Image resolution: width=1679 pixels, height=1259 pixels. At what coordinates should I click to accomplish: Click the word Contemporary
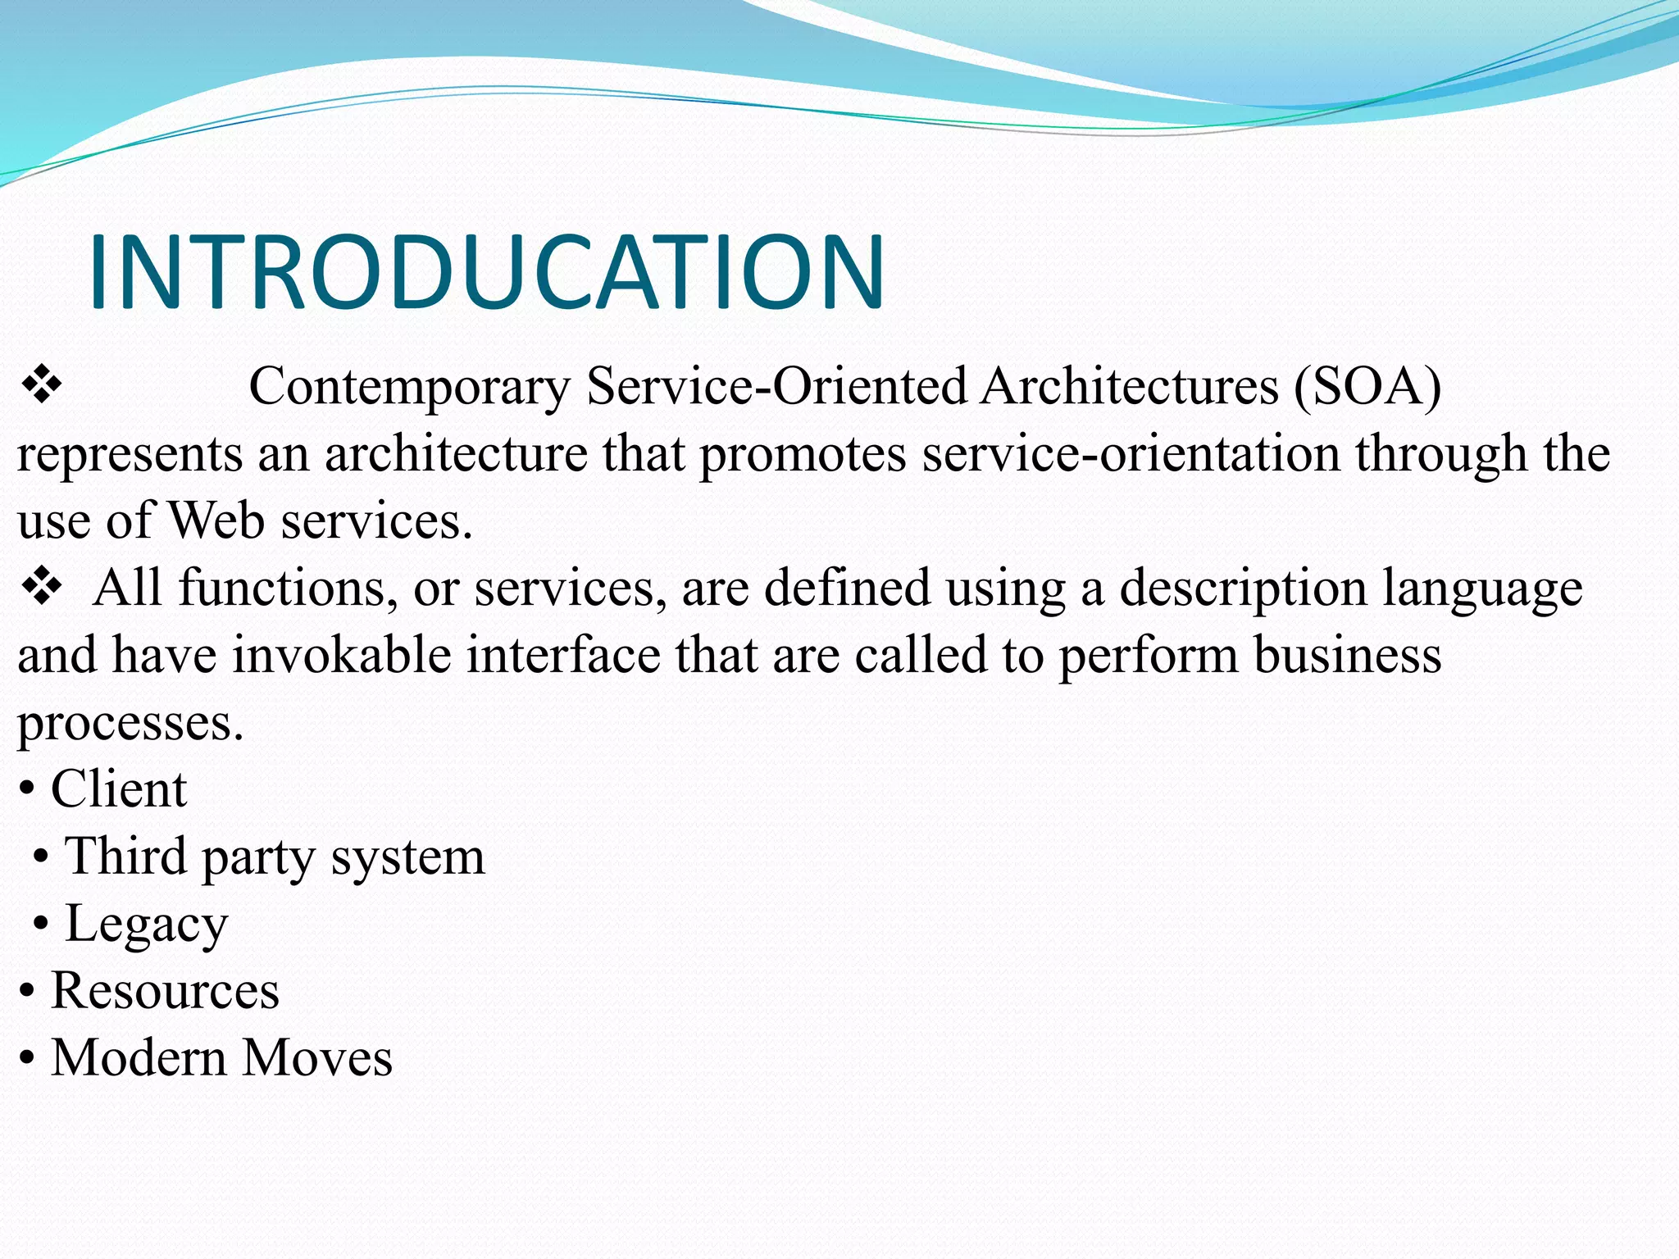pos(409,386)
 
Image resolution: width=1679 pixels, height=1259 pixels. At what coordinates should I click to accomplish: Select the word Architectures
pos(1129,386)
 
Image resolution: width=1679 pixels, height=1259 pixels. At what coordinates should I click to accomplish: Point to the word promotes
pos(803,454)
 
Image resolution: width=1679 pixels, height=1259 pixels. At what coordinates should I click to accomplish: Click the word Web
pos(216,521)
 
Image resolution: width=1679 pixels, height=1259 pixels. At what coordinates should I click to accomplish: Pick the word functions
pos(287,589)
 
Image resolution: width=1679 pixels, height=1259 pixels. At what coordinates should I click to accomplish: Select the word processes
pos(130,723)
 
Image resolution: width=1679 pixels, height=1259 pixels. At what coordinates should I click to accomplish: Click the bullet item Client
pos(119,789)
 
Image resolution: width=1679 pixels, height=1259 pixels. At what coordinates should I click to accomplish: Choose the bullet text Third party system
pos(275,857)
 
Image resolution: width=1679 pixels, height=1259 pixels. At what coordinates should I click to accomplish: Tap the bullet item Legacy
pos(146,924)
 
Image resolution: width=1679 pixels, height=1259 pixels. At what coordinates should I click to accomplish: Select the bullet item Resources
pos(165,990)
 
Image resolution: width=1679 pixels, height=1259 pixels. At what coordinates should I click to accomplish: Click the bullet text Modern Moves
pos(221,1057)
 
